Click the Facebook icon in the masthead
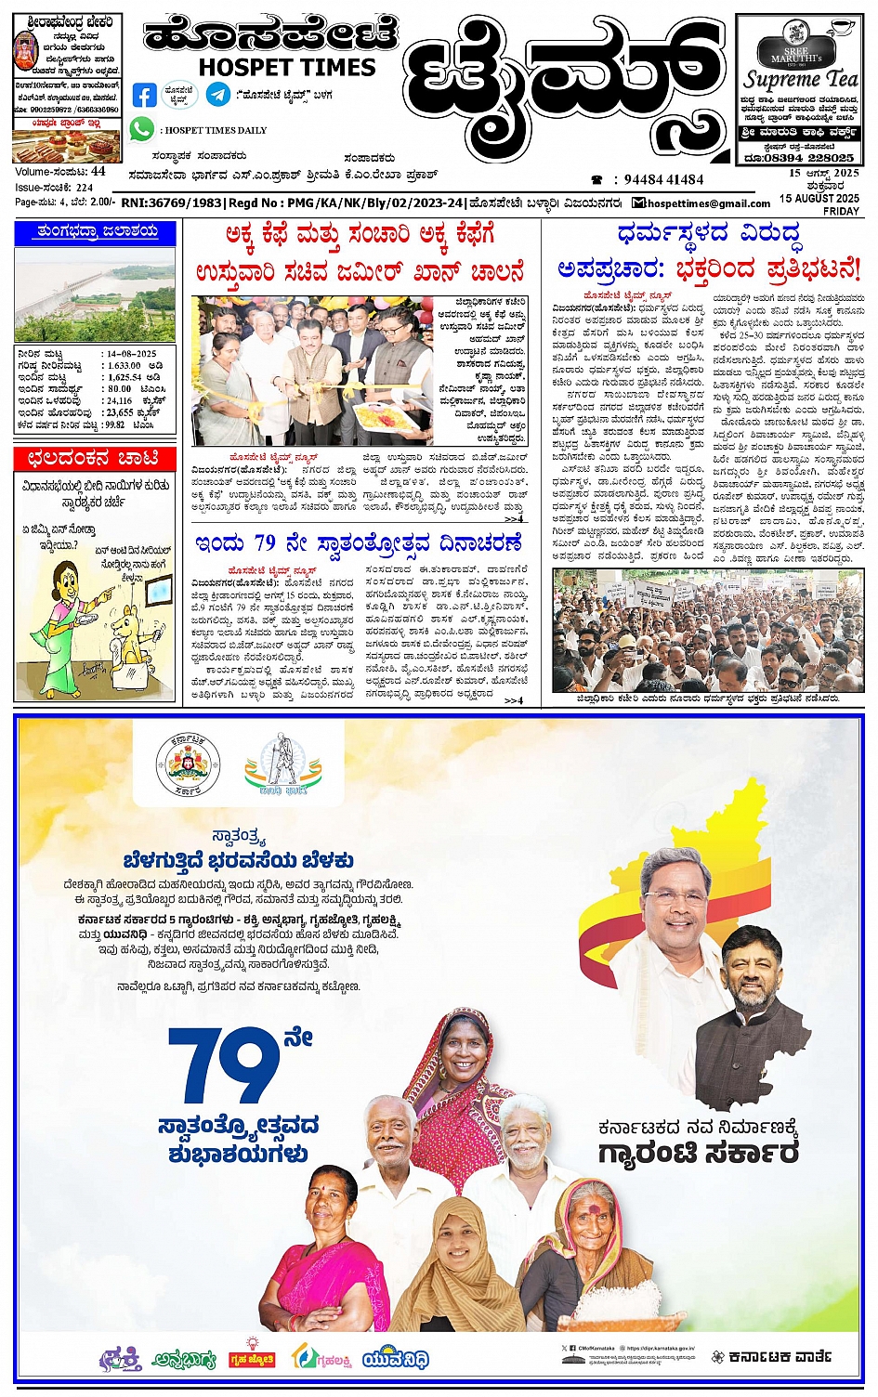145,95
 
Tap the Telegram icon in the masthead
218,94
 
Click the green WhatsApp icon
141,129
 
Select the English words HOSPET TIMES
287,67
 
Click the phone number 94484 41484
663,179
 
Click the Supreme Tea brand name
800,80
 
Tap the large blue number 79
224,1067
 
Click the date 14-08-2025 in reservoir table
131,354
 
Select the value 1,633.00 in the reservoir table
124,366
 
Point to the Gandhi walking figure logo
283,764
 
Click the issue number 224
85,188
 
